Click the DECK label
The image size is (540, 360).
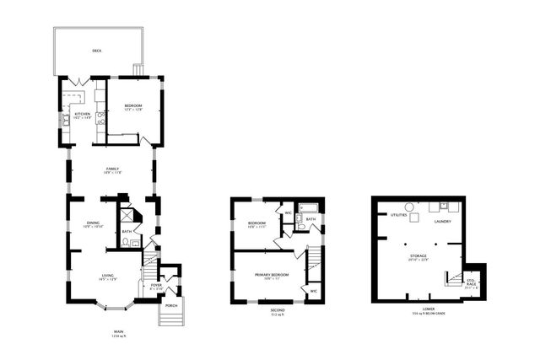pos(97,51)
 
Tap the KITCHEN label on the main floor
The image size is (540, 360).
pos(82,114)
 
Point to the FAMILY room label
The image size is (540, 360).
pos(112,169)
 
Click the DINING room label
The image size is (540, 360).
pos(93,223)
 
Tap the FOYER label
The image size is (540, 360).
pos(156,285)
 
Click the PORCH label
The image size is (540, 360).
pos(171,305)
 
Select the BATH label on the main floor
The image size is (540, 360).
pos(127,231)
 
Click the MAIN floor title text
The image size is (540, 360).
pos(118,331)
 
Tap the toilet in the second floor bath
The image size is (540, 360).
pos(301,226)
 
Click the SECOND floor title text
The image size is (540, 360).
pos(277,309)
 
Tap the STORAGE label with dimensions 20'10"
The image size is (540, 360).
pos(418,255)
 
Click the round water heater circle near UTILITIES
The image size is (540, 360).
pos(408,206)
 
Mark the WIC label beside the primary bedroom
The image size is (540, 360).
pos(313,291)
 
